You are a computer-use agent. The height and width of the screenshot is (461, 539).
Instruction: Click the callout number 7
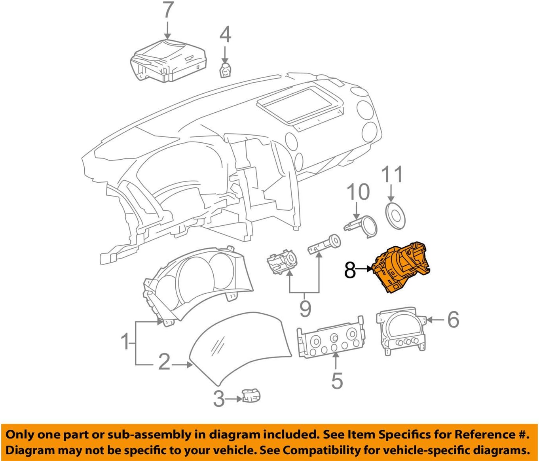coord(168,11)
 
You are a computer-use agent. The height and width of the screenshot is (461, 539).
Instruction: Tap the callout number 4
coord(225,35)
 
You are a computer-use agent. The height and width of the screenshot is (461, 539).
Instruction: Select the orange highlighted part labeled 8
coord(402,269)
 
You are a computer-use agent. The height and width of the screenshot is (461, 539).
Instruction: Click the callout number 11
coord(392,174)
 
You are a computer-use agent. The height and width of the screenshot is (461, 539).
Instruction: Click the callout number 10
coord(358,192)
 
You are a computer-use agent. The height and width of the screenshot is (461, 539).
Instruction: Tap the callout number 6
coord(453,319)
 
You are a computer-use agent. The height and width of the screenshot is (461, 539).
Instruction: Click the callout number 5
coord(336,380)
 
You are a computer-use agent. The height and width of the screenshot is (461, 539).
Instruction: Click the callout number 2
coord(164,362)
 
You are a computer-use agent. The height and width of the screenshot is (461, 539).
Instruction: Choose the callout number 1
coord(125,341)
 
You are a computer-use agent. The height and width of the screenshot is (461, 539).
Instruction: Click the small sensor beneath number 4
coord(225,70)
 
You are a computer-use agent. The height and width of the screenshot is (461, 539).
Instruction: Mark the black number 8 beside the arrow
coord(350,270)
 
